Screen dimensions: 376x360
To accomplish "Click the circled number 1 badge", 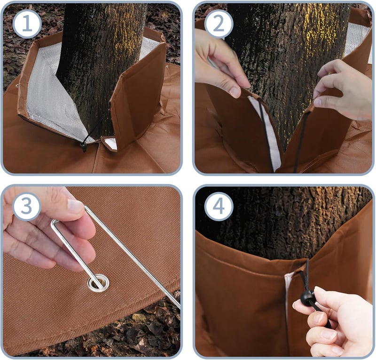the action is click(27, 24).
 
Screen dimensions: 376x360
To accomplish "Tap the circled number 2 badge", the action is click(219, 24).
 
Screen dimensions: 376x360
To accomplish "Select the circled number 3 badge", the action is click(26, 206).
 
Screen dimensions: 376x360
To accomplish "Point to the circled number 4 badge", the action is click(219, 206).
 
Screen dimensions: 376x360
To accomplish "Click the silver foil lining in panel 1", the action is click(52, 96).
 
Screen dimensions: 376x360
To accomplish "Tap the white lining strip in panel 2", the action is click(266, 132).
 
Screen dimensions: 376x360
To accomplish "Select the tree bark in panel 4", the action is click(283, 224).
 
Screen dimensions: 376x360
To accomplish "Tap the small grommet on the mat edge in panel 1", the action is click(17, 86).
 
